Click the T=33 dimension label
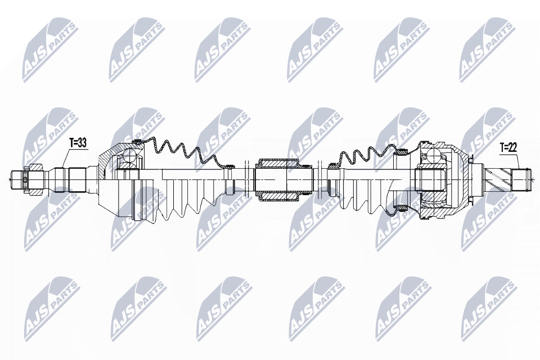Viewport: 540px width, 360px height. [78, 143]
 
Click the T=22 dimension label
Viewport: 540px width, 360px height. [508, 148]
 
